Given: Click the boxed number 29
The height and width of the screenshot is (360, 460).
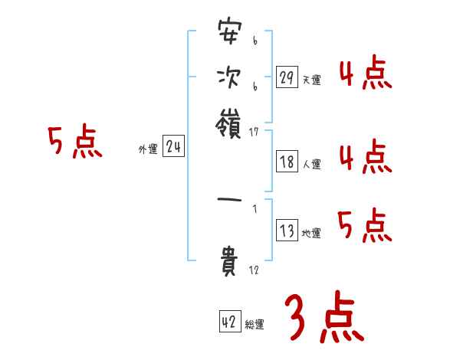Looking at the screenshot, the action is click(287, 77).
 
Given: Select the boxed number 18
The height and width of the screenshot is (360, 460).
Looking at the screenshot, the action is click(287, 162).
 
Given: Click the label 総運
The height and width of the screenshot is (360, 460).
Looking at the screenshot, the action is click(255, 325).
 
